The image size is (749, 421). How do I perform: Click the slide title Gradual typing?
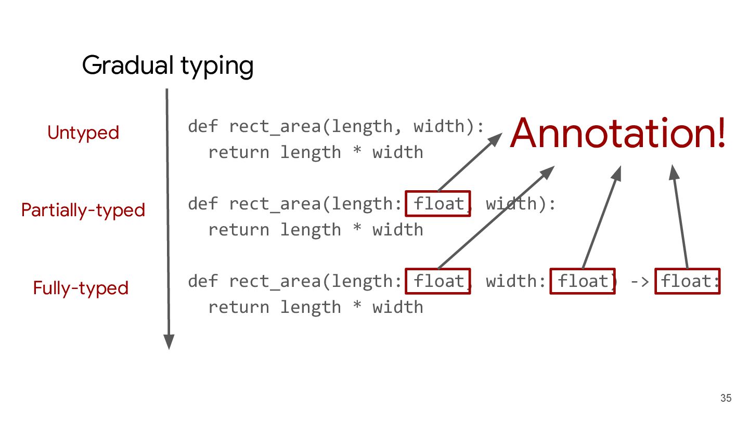[x=167, y=66]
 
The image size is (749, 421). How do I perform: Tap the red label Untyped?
[x=83, y=133]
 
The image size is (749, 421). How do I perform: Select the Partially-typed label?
[x=83, y=210]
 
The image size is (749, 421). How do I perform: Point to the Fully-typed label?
[x=81, y=288]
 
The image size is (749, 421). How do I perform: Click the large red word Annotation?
[x=617, y=133]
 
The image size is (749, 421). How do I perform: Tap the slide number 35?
[x=726, y=399]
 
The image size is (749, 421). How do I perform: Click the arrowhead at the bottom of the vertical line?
[x=169, y=341]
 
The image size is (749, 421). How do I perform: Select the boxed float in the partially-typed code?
[x=438, y=204]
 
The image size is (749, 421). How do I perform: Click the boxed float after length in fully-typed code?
[x=438, y=281]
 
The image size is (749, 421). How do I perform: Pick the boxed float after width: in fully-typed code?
[x=583, y=281]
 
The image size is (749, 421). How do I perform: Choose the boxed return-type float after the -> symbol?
[x=687, y=281]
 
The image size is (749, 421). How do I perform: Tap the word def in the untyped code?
[x=203, y=126]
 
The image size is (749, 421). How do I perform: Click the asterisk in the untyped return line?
[x=356, y=152]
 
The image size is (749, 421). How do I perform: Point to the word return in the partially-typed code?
[x=239, y=230]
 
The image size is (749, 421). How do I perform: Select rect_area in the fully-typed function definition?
[x=275, y=282]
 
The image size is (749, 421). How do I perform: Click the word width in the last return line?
[x=398, y=307]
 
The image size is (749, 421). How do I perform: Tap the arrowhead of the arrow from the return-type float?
[x=673, y=172]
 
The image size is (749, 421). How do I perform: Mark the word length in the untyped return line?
[x=311, y=152]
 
